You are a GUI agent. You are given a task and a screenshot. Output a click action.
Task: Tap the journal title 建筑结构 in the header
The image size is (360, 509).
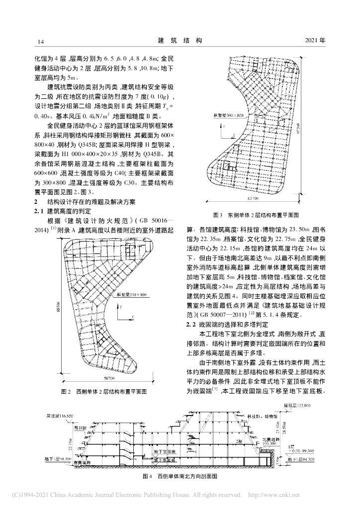click(180, 40)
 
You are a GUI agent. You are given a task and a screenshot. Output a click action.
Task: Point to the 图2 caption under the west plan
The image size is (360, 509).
click(106, 392)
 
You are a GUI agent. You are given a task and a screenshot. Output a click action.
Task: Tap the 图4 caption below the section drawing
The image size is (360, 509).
click(180, 476)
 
